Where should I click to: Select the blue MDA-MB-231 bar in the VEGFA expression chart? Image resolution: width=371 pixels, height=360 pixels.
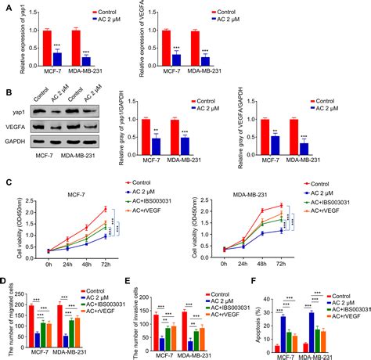tap(205, 60)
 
